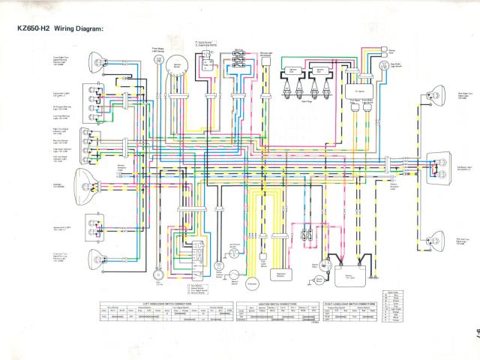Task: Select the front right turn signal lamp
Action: pos(97,61)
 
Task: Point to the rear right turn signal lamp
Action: pos(434,94)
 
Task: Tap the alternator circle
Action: pos(251,283)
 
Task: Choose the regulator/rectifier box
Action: pos(281,277)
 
